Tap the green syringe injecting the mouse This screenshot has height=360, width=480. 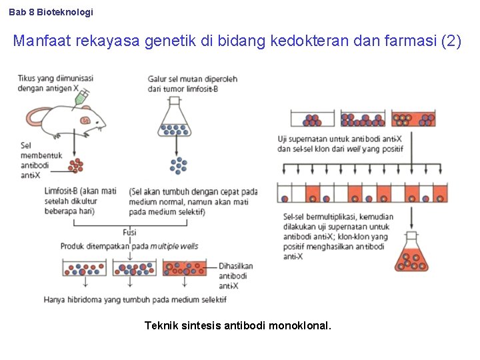pyautogui.click(x=82, y=98)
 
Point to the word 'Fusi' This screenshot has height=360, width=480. pyautogui.click(x=130, y=233)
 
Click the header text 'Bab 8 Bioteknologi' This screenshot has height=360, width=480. pyautogui.click(x=51, y=12)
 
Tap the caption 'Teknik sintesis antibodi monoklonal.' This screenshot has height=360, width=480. pyautogui.click(x=238, y=326)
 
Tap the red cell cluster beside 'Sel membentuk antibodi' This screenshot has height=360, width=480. pyautogui.click(x=76, y=165)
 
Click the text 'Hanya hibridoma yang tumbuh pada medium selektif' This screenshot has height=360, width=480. pyautogui.click(x=135, y=299)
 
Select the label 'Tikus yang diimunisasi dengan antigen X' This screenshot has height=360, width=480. pyautogui.click(x=55, y=83)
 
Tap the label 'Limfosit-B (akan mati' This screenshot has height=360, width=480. pyautogui.click(x=80, y=191)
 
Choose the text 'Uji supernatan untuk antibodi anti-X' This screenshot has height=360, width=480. pyautogui.click(x=340, y=139)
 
